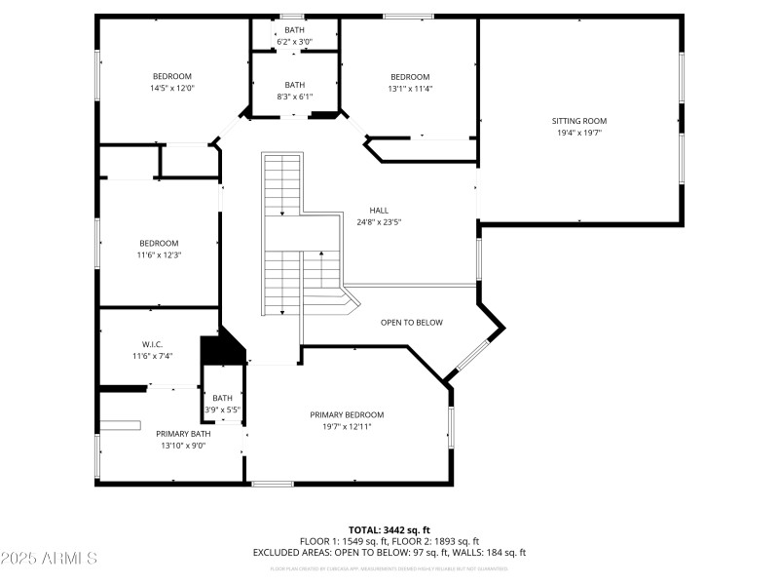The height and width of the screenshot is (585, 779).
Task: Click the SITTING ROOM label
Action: tap(579, 121)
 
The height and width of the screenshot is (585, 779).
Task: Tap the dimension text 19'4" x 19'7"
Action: tap(579, 133)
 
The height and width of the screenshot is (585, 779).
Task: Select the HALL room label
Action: tap(379, 211)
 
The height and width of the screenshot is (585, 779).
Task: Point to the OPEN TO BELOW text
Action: tap(411, 322)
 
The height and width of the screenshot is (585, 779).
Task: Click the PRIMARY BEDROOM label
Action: tap(347, 414)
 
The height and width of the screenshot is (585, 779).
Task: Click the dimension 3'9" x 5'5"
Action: tap(223, 409)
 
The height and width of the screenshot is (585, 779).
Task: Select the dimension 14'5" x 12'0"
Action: tap(171, 88)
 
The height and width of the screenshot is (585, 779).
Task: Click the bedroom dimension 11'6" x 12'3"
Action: tap(159, 254)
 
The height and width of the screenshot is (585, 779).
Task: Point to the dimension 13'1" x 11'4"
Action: tap(410, 89)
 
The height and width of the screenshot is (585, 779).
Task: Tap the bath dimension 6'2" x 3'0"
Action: tap(294, 42)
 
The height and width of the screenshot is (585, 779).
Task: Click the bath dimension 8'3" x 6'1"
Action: tap(294, 96)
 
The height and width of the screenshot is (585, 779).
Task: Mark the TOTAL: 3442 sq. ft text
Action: tap(389, 529)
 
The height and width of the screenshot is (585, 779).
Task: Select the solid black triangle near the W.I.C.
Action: tap(221, 348)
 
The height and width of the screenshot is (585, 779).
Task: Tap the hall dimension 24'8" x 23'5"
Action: tap(379, 222)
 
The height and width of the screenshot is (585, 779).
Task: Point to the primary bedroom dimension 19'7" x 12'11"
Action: tap(347, 426)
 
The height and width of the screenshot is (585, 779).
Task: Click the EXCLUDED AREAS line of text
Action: tap(389, 552)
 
